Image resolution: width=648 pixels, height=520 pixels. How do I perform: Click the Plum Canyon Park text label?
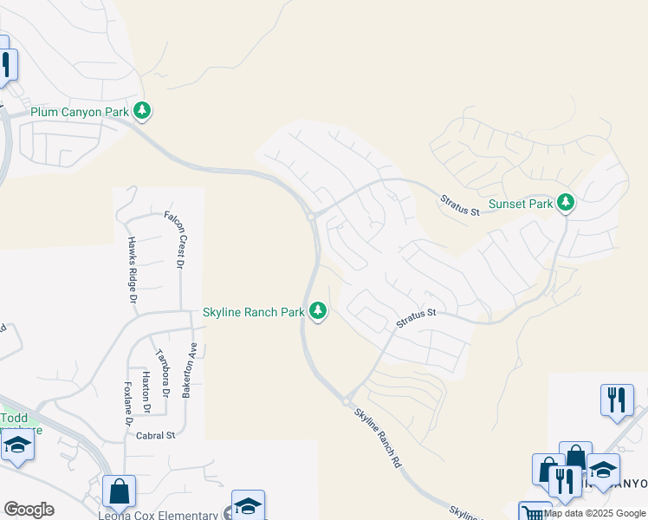coord(79,111)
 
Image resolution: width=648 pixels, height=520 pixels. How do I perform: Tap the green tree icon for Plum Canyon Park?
coord(142,111)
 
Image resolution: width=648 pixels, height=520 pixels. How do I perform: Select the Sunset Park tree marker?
coord(566,203)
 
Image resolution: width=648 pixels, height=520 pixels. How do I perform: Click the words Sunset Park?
coord(520,205)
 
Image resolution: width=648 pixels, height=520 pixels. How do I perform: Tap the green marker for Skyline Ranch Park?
coord(318,310)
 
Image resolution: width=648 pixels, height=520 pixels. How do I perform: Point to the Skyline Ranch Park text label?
coord(253,312)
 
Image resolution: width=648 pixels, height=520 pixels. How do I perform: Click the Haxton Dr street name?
coord(146,393)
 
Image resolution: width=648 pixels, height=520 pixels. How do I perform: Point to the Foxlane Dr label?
coord(127,403)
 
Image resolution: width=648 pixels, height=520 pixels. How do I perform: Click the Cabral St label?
coord(156,435)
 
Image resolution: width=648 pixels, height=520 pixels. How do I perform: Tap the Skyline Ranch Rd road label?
coord(379,439)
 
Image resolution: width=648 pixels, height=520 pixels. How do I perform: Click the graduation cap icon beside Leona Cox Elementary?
coord(247,506)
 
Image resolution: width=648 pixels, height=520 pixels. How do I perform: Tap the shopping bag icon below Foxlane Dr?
coord(120,491)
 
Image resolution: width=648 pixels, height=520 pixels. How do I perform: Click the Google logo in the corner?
coord(29,510)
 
